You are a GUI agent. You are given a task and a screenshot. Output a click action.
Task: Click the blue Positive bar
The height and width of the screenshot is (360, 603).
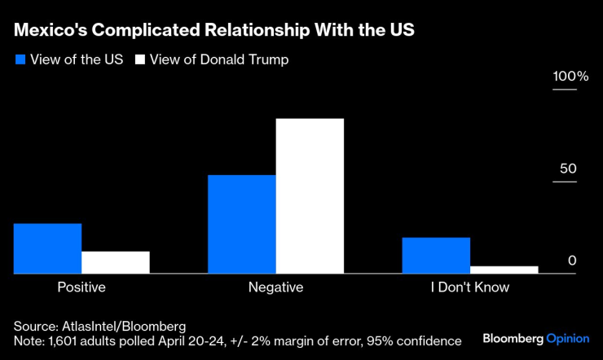click(47, 248)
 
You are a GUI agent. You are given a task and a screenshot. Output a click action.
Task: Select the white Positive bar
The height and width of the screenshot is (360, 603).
click(116, 262)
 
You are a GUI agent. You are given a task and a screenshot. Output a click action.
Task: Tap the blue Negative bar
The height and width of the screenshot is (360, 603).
click(242, 224)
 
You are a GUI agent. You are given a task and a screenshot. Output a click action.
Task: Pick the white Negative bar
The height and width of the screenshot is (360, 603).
click(310, 196)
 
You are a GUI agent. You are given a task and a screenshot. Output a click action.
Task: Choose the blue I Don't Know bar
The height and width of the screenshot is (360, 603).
click(436, 256)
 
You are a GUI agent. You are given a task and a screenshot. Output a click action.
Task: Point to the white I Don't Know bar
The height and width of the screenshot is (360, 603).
click(504, 270)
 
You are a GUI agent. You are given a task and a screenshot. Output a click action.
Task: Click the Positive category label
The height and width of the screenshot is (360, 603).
click(81, 288)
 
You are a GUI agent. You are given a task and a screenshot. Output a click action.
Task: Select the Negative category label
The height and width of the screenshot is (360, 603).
click(275, 288)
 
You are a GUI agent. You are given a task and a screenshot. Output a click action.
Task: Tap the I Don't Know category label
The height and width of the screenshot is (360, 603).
click(469, 288)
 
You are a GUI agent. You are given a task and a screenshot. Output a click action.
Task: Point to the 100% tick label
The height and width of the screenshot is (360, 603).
click(570, 77)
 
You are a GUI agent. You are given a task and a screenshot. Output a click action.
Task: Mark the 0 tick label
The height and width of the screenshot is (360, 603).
click(572, 261)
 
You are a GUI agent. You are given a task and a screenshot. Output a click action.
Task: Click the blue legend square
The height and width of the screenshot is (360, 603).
click(20, 60)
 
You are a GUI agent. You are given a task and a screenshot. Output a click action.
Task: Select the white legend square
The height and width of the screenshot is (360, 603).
click(139, 60)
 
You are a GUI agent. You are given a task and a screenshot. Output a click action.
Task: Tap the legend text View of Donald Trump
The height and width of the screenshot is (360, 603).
click(218, 60)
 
